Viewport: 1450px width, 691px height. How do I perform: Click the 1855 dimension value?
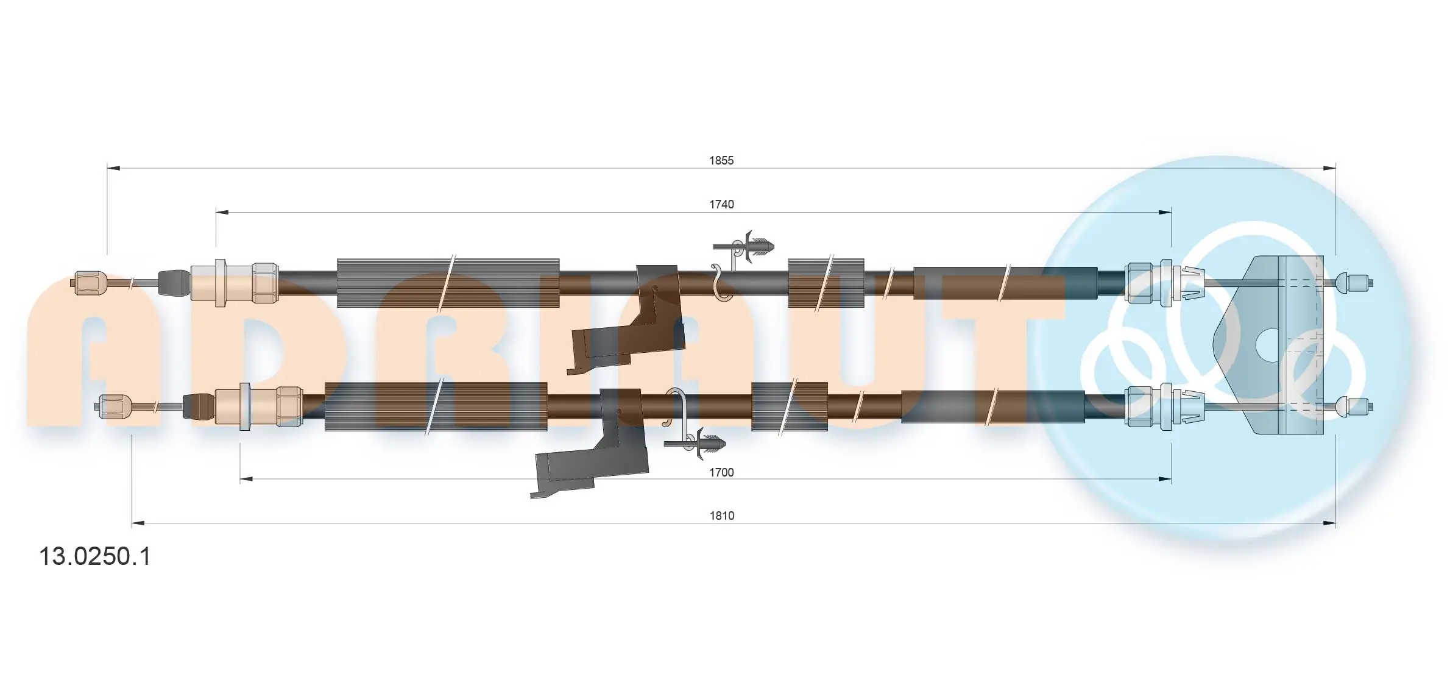721,161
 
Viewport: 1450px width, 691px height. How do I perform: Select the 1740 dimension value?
721,205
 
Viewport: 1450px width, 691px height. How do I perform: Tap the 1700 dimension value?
721,473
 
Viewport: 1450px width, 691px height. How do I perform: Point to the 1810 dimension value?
721,516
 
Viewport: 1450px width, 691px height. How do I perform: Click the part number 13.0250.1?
94,557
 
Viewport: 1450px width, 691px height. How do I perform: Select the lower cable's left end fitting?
115,405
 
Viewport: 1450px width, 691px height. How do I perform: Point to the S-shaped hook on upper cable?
722,283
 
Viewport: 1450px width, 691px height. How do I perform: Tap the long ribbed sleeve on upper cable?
448,283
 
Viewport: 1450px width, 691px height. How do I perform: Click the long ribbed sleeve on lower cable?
436,406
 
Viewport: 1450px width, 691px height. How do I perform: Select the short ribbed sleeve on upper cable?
826,283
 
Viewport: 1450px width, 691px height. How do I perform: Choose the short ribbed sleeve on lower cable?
789,406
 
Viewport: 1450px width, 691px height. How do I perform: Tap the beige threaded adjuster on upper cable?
235,283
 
